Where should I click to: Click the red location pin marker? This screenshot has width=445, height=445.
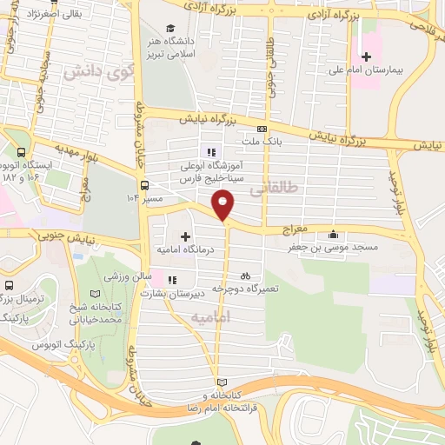click(x=224, y=204)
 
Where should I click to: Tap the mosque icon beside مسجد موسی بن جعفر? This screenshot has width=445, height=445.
click(x=334, y=232)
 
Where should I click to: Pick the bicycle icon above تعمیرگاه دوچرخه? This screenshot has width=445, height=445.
click(x=245, y=276)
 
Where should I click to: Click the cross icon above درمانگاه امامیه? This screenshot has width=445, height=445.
click(x=185, y=236)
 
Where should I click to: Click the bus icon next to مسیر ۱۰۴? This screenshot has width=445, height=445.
click(x=143, y=184)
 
